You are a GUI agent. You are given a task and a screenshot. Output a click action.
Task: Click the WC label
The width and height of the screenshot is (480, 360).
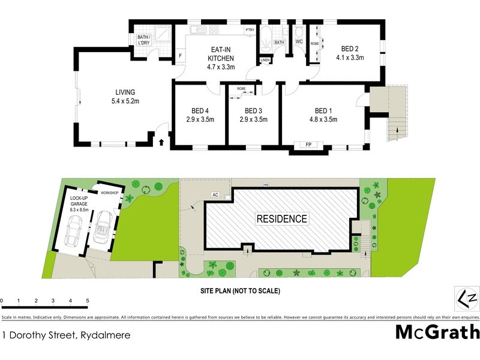[x=299, y=41]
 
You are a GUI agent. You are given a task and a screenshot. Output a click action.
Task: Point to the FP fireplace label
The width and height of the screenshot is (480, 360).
[x=308, y=145]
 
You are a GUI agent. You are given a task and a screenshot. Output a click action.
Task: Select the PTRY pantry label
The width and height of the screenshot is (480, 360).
[x=249, y=29]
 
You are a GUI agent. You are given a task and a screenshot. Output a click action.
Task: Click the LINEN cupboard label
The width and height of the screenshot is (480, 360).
[x=265, y=61]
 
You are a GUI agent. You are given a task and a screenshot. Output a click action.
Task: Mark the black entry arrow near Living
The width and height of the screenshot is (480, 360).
[x=161, y=142]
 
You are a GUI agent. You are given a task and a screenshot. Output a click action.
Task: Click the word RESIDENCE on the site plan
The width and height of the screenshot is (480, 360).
[x=282, y=219]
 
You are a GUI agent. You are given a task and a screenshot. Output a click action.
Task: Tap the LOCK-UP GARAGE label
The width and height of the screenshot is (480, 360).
[x=79, y=203]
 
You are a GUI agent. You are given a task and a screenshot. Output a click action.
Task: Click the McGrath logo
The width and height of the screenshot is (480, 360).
[x=437, y=332]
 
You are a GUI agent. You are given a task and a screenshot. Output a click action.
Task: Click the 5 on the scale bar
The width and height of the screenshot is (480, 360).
[x=88, y=300]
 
